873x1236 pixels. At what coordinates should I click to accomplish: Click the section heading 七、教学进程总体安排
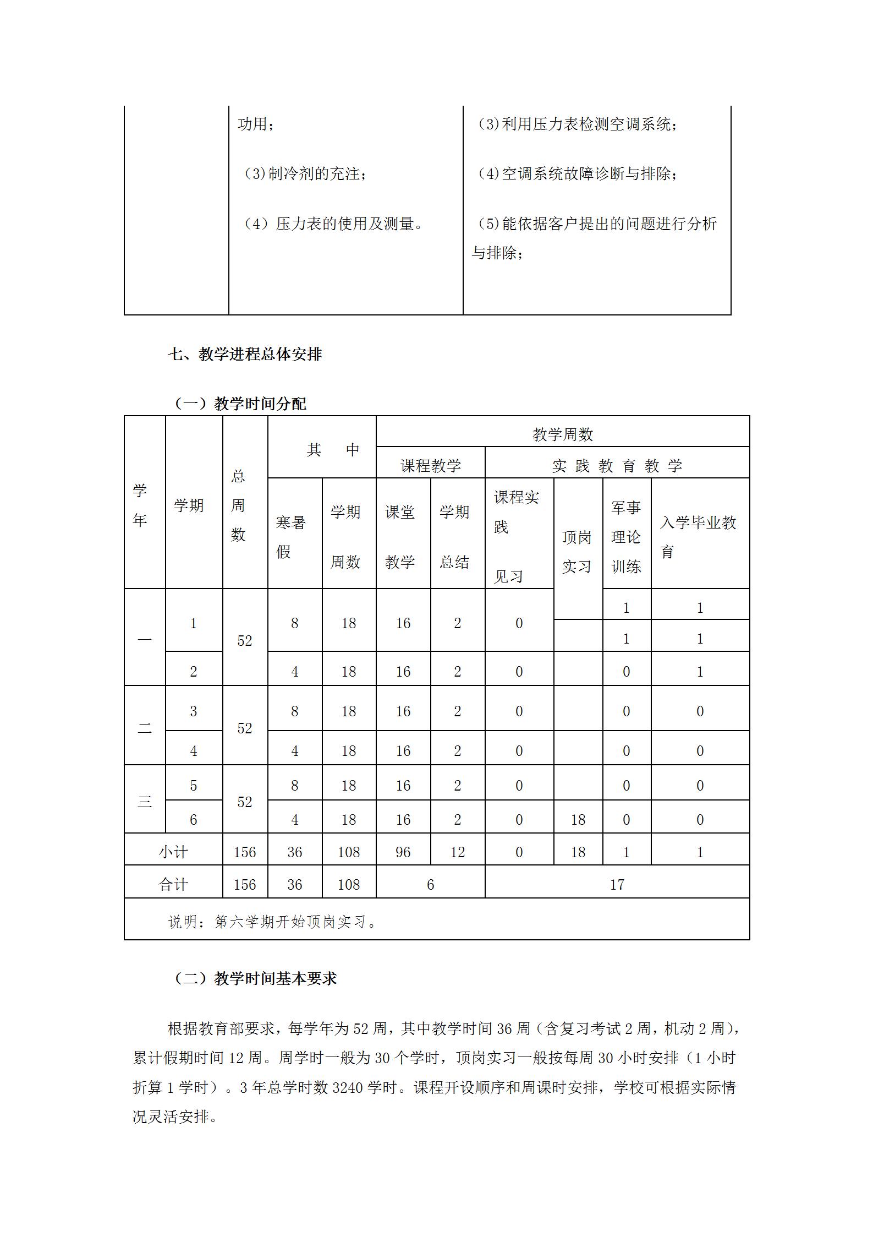245,355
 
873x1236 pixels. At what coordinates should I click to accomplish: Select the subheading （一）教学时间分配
240,404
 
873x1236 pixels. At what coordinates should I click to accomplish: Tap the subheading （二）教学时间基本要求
255,978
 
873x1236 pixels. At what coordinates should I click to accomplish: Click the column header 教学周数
562,434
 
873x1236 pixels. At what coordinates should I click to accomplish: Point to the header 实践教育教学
617,466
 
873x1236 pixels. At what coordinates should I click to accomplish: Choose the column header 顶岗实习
576,552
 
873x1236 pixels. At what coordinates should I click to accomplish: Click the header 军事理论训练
626,537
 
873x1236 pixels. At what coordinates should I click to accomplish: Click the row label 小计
173,852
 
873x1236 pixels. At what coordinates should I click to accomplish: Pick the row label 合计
173,884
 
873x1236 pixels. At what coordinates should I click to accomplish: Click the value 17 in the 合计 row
617,884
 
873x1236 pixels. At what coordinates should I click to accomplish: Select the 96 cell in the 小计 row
403,852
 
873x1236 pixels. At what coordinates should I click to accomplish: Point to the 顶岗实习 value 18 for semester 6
578,820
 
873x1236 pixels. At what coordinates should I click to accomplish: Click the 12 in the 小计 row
457,852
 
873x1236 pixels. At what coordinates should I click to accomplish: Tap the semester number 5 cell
193,785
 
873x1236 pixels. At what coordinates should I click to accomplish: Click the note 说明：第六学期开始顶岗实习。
272,921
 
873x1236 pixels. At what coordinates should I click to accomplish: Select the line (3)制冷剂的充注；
306,174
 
